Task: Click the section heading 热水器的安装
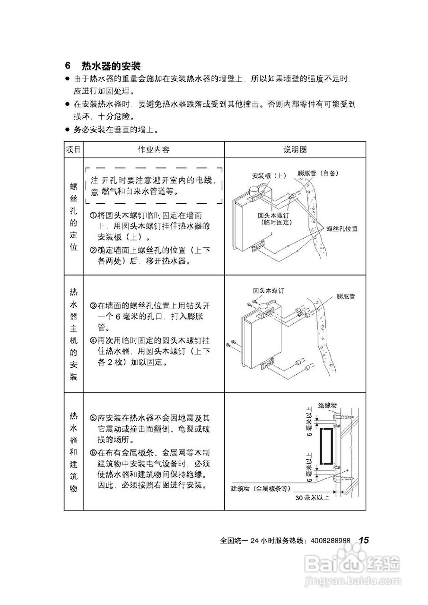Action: pyautogui.click(x=111, y=65)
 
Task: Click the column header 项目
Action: pyautogui.click(x=73, y=149)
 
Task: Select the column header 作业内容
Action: pyautogui.click(x=153, y=149)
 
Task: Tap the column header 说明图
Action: pyautogui.click(x=295, y=149)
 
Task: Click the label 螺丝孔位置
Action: pyautogui.click(x=341, y=228)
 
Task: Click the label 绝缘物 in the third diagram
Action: pyautogui.click(x=327, y=405)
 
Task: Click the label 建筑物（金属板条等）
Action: pyautogui.click(x=261, y=488)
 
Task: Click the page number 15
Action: pyautogui.click(x=363, y=540)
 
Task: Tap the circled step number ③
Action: pyautogui.click(x=93, y=306)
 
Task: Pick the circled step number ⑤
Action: pyautogui.click(x=93, y=418)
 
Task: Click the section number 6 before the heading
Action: pyautogui.click(x=68, y=65)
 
